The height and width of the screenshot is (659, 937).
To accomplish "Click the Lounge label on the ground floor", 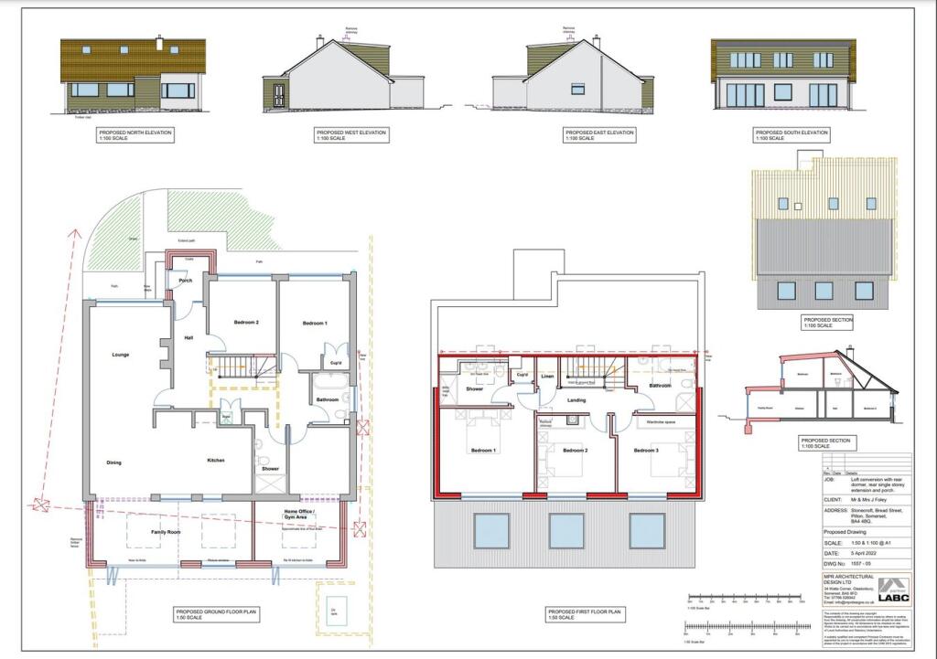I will [x=119, y=354].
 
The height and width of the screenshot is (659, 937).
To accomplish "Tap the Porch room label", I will [x=185, y=281].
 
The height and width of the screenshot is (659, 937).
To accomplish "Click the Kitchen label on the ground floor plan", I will [x=215, y=460].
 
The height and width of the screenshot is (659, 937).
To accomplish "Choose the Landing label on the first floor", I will [x=576, y=399].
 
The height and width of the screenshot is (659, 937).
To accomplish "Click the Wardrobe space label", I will [x=660, y=422].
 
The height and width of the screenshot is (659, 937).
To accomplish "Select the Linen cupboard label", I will [x=547, y=377].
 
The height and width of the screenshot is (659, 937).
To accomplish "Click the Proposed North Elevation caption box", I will [x=135, y=135].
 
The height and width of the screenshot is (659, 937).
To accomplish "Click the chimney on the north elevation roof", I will [x=159, y=42].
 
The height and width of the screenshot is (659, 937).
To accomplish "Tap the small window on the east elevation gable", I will [x=576, y=89].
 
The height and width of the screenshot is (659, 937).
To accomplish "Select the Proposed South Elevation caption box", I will [x=792, y=135].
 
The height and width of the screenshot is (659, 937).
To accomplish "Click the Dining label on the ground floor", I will [x=113, y=462].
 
